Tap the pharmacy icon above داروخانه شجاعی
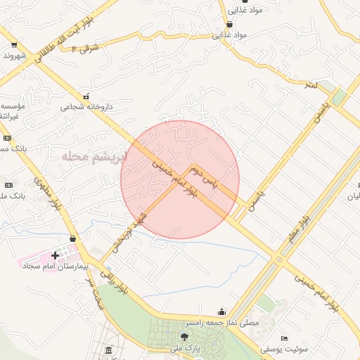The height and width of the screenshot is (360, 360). pyautogui.click(x=86, y=96)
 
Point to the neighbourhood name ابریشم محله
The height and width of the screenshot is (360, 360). pyautogui.click(x=94, y=156)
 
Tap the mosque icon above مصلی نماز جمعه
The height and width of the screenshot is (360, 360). pyautogui.click(x=222, y=312)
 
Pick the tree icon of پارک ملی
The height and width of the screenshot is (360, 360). pyautogui.click(x=184, y=337)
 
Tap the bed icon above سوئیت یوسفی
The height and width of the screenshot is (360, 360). pyautogui.click(x=284, y=338)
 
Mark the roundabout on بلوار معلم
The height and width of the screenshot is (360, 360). pyautogui.click(x=281, y=260)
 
